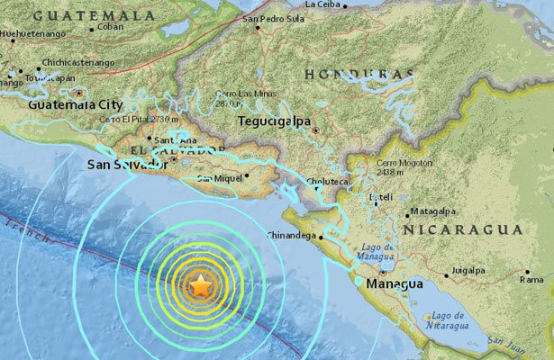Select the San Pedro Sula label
[273, 18]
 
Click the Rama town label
[531, 280]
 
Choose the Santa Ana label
[170, 140]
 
